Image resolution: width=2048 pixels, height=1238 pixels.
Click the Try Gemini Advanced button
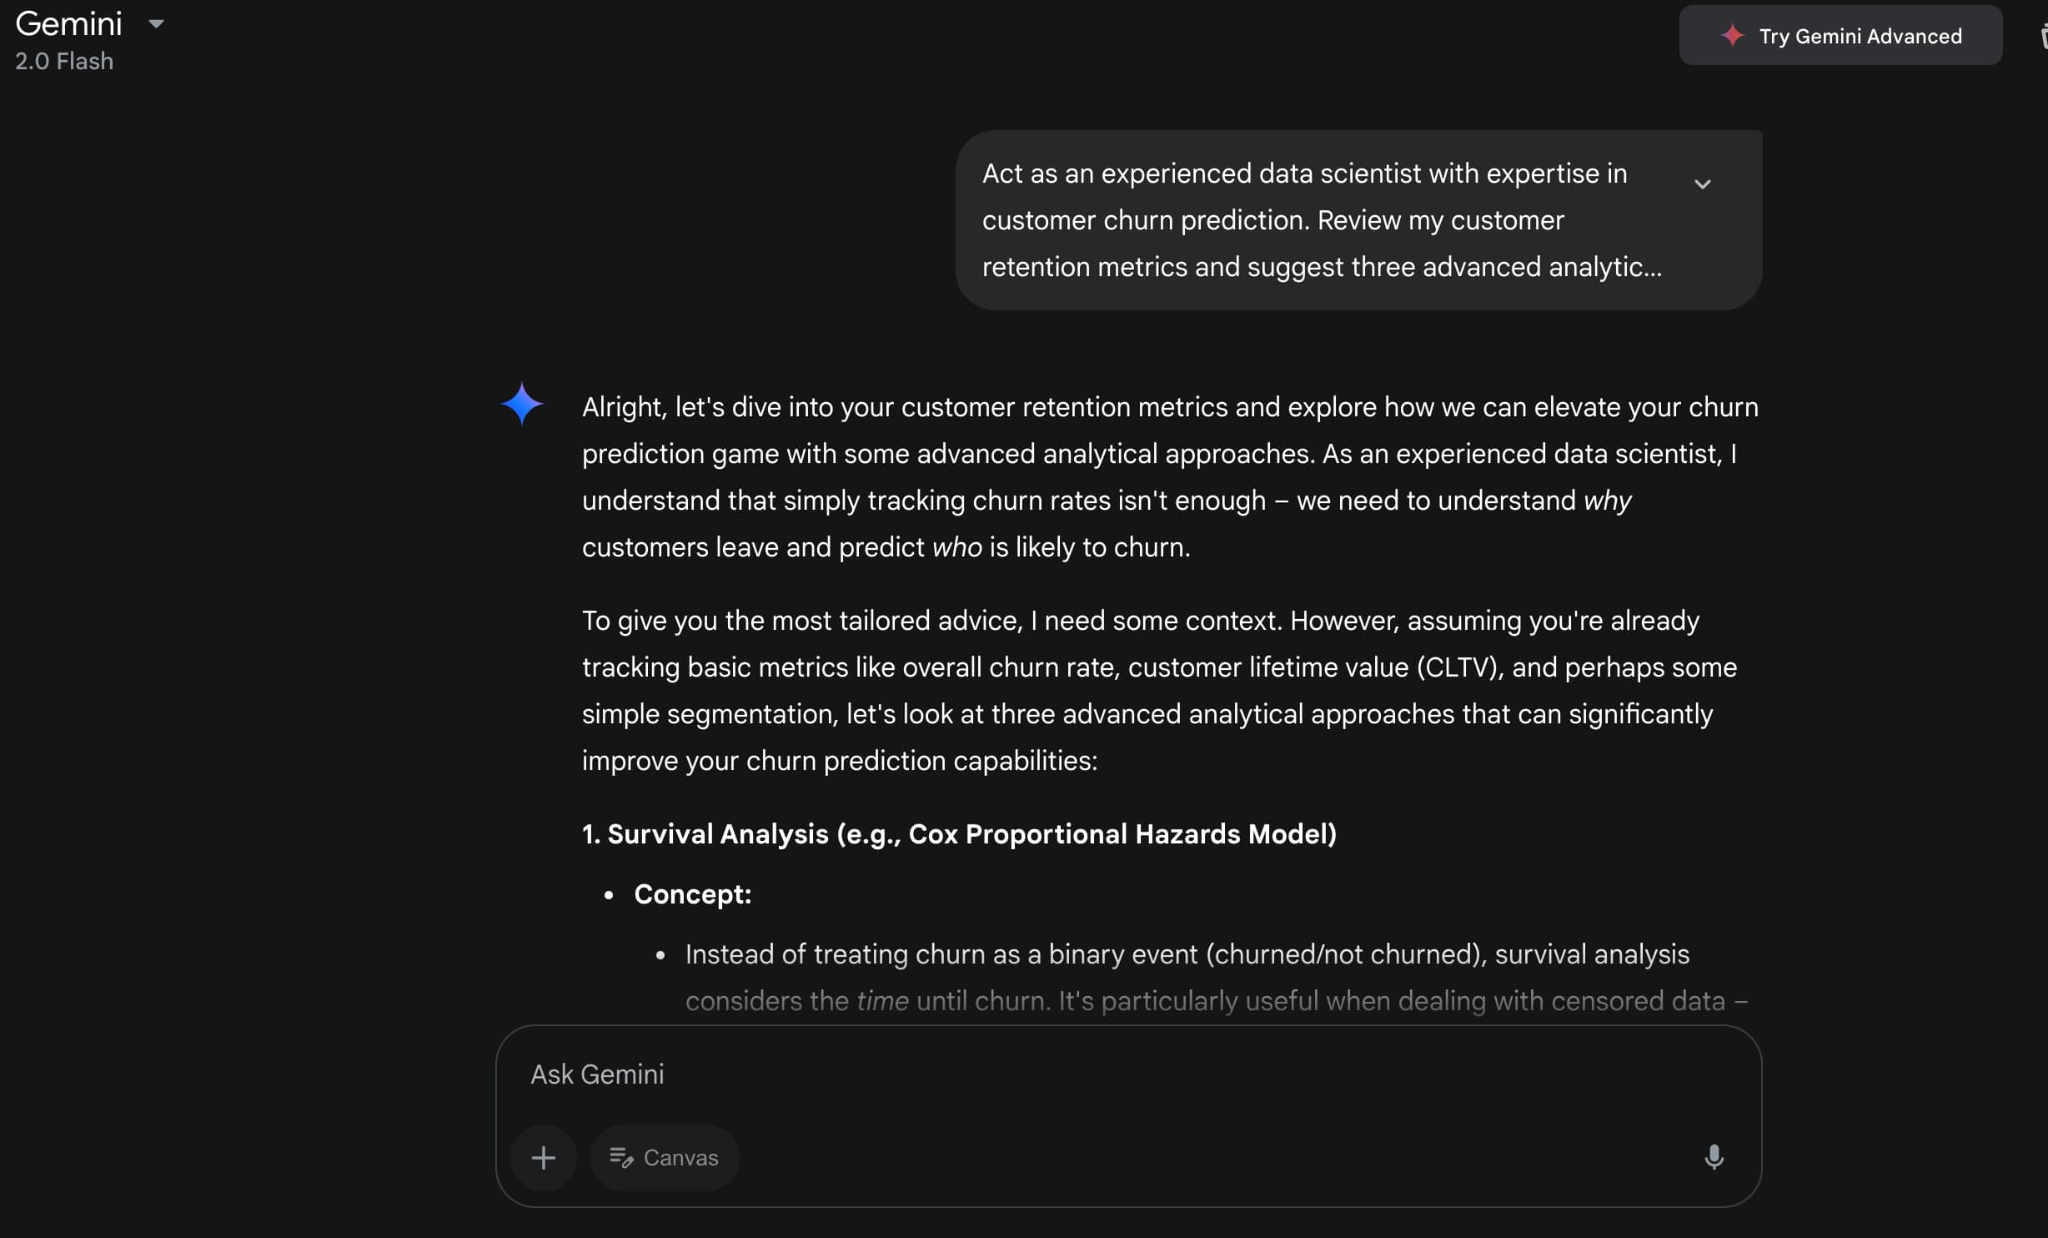click(1840, 36)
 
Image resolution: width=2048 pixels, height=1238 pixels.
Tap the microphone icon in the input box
click(1714, 1157)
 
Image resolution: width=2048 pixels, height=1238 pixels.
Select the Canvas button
click(664, 1158)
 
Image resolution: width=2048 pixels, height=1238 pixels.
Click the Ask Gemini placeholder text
click(597, 1074)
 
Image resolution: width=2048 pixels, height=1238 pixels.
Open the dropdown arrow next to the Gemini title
click(156, 24)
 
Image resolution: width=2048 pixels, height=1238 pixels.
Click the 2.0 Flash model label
click(64, 62)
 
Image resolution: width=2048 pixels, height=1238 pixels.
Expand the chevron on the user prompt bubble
click(1702, 184)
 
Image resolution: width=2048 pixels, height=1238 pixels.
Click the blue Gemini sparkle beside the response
click(522, 404)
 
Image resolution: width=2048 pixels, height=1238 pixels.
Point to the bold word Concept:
click(692, 894)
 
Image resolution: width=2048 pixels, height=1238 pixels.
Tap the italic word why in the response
click(1607, 501)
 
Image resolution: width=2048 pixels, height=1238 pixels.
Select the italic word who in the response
click(956, 547)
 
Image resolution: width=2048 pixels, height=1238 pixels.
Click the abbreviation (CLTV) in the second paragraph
click(1459, 667)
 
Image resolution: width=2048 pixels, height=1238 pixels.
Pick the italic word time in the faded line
click(882, 1001)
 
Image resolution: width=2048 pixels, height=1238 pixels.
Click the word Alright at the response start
click(624, 407)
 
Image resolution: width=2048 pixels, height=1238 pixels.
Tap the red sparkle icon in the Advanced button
click(1733, 36)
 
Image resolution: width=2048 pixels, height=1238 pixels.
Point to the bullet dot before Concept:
click(609, 895)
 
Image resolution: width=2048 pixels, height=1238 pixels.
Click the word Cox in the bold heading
click(933, 834)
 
